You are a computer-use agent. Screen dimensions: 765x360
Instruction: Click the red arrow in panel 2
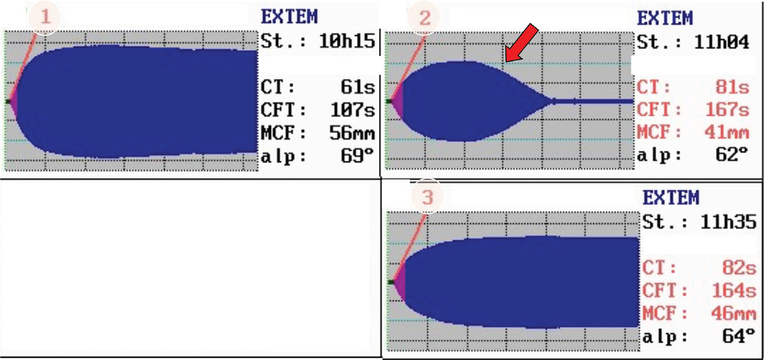521,43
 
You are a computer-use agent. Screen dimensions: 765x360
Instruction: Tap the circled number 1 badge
45,17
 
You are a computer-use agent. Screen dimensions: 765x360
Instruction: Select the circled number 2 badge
424,17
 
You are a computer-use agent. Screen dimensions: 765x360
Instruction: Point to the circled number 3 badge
428,197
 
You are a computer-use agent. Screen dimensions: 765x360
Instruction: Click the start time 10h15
347,41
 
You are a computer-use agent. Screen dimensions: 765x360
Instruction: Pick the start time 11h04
721,42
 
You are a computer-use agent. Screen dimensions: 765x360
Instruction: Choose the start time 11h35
728,222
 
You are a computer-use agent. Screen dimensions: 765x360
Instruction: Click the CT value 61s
358,87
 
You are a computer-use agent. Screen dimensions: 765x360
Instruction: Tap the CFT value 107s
353,110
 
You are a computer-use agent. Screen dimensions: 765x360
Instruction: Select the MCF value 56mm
352,132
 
